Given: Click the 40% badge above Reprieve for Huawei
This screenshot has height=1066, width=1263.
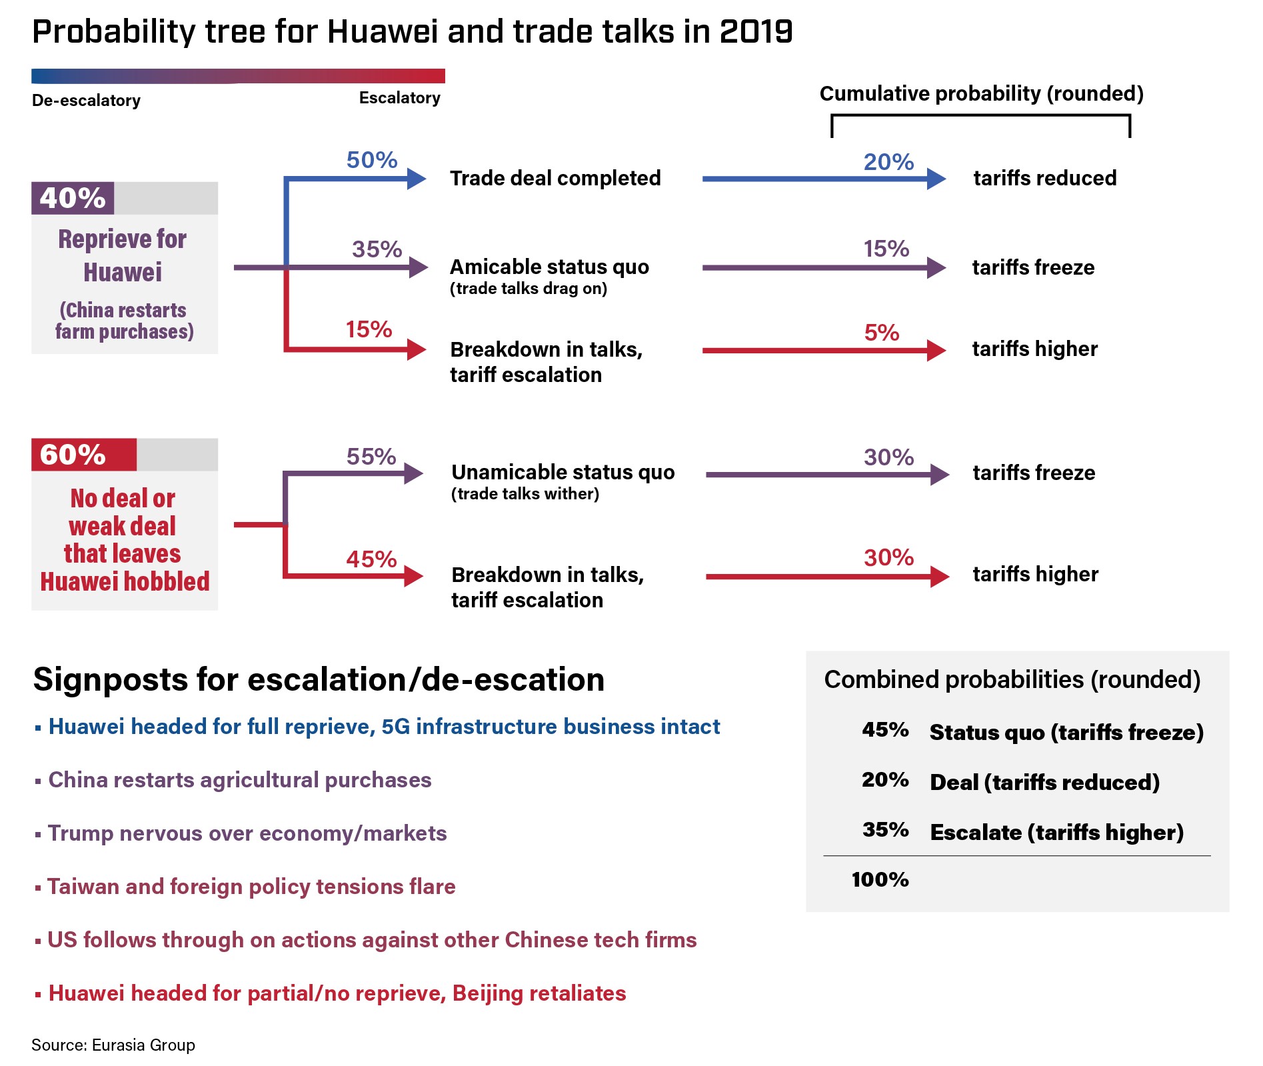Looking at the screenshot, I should tap(73, 198).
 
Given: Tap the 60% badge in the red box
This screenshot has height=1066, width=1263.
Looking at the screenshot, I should tap(73, 455).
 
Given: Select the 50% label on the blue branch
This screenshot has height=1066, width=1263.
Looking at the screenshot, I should tap(371, 160).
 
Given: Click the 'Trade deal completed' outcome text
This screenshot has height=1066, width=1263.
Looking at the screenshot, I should tap(555, 178).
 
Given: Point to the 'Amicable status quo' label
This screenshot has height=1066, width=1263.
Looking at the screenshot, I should tap(549, 267).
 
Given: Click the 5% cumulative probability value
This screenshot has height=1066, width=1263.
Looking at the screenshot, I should tap(881, 332).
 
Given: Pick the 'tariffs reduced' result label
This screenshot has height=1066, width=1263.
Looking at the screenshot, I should tap(1044, 178).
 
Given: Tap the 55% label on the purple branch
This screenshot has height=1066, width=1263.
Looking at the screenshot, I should tap(371, 457).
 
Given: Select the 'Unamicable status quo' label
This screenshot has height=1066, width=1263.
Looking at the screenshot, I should tap(563, 472).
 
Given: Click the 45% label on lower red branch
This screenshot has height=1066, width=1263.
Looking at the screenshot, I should tap(371, 559).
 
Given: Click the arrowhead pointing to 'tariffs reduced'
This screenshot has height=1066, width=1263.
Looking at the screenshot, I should tap(936, 179).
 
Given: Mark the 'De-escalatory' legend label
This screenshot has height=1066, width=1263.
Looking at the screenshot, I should tap(86, 101).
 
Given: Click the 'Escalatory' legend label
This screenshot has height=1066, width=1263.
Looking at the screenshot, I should tap(399, 98).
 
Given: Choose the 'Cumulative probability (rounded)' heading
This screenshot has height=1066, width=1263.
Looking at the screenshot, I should tap(981, 93).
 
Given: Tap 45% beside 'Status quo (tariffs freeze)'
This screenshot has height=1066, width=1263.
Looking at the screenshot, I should tap(884, 730).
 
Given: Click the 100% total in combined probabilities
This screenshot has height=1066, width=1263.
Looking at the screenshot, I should tap(880, 879).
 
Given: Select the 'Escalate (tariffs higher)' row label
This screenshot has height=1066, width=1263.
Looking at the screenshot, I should tap(1056, 832).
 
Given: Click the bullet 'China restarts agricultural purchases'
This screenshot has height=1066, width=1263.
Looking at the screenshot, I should tap(239, 780).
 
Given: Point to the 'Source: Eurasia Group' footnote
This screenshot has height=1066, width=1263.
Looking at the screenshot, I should tap(113, 1045).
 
